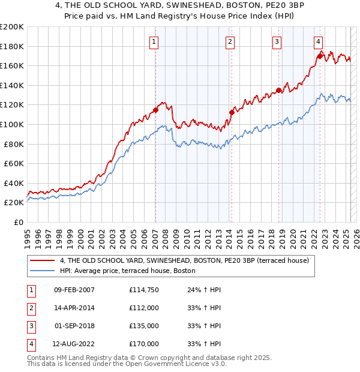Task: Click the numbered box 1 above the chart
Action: (154, 41)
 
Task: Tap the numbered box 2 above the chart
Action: (230, 41)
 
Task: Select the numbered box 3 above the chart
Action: (277, 41)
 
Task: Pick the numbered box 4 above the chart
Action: (318, 41)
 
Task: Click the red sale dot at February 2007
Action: (155, 110)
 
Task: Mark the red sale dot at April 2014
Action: (231, 112)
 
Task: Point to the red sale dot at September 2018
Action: (278, 91)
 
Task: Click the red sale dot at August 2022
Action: (320, 56)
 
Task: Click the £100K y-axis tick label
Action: (11, 124)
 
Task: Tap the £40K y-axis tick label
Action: (13, 183)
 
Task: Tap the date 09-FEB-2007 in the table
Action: (74, 290)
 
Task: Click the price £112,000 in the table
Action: (144, 308)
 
